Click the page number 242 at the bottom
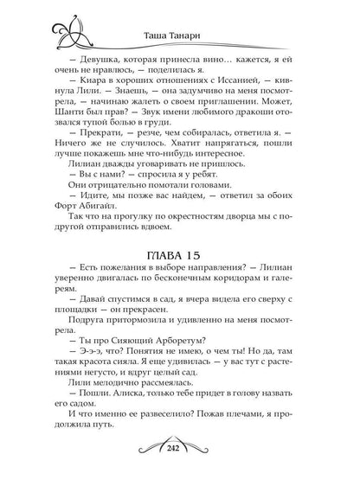tap(179, 467)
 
